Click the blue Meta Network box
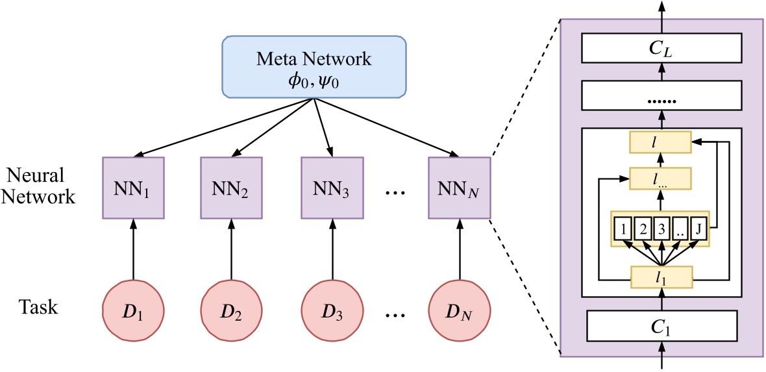point(315,68)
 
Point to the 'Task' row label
point(38,306)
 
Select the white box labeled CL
point(661,47)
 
